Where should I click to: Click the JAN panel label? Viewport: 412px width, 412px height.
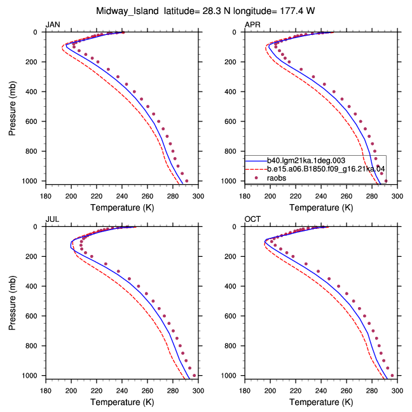click(x=53, y=25)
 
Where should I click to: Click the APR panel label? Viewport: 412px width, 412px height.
click(x=252, y=25)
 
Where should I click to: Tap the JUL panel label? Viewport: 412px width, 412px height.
click(x=52, y=219)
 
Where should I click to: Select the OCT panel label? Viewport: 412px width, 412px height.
click(x=252, y=219)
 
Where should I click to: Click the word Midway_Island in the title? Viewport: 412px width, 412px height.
click(x=127, y=11)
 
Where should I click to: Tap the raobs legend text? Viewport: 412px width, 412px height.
click(x=277, y=178)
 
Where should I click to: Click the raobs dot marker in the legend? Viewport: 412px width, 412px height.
click(x=256, y=178)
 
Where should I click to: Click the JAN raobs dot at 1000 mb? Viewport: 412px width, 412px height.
click(x=186, y=181)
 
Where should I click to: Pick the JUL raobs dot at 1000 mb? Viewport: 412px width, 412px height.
click(x=194, y=376)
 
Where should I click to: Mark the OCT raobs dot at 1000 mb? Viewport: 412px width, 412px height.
click(x=392, y=376)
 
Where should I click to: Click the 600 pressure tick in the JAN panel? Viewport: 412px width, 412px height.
click(x=31, y=121)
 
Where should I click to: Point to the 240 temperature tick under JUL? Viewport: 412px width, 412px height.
click(x=122, y=391)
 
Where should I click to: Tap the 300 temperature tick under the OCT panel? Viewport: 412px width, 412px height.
click(x=397, y=391)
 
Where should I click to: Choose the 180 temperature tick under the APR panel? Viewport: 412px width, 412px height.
click(x=245, y=196)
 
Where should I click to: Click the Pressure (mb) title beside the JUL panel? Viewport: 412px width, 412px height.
click(x=12, y=303)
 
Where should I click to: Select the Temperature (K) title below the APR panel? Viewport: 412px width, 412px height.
click(x=321, y=207)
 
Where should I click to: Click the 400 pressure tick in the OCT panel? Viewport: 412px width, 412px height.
click(x=230, y=286)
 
